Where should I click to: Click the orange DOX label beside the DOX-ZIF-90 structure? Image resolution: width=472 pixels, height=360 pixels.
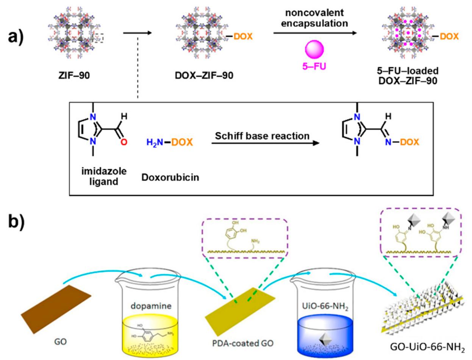point(242,36)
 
